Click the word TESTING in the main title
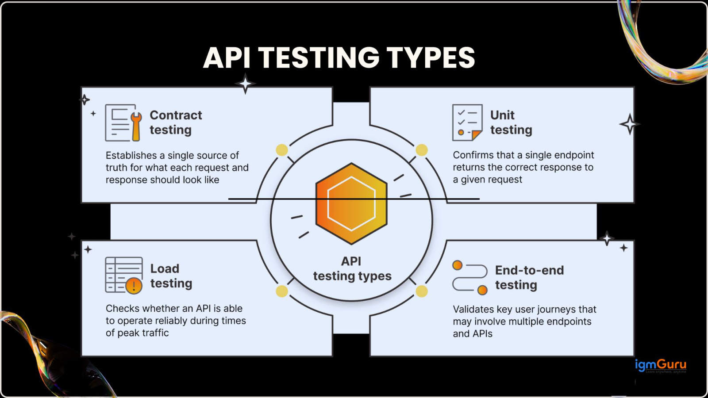pos(319,58)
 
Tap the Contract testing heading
pos(176,122)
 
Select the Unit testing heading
pos(511,122)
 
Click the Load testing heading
pos(171,276)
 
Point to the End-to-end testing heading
pos(529,278)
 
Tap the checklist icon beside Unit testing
pos(467,122)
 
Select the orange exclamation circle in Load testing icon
pos(134,286)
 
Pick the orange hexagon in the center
pos(351,203)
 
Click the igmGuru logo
pos(660,365)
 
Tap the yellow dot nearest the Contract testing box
pos(282,150)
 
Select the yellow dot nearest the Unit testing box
pos(422,150)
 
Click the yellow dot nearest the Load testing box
pos(282,291)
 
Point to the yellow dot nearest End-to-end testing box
pos(422,291)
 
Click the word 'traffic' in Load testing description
pos(155,333)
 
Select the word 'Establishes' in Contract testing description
pos(131,156)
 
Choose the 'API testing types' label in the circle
pos(352,269)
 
